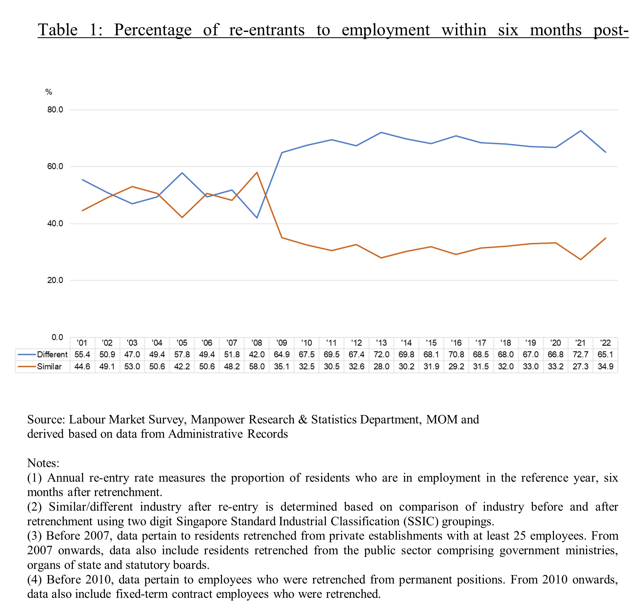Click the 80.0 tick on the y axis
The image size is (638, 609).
(55, 110)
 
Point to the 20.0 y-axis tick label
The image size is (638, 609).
(55, 280)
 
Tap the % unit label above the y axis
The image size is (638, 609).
(49, 92)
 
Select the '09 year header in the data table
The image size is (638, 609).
(282, 343)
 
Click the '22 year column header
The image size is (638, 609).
(605, 343)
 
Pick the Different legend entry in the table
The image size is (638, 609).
(43, 355)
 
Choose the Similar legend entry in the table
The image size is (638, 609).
(39, 366)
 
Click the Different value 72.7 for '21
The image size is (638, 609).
(580, 355)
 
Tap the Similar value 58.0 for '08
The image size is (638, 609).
(257, 366)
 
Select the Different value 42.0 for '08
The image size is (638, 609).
(257, 355)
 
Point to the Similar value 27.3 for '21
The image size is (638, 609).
(580, 366)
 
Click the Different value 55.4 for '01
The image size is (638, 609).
(82, 355)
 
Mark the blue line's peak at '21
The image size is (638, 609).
(581, 131)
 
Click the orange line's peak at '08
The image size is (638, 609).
(257, 172)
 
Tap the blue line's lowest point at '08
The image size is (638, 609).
(257, 218)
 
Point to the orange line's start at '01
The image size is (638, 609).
(82, 210)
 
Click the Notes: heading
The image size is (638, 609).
(43, 463)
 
